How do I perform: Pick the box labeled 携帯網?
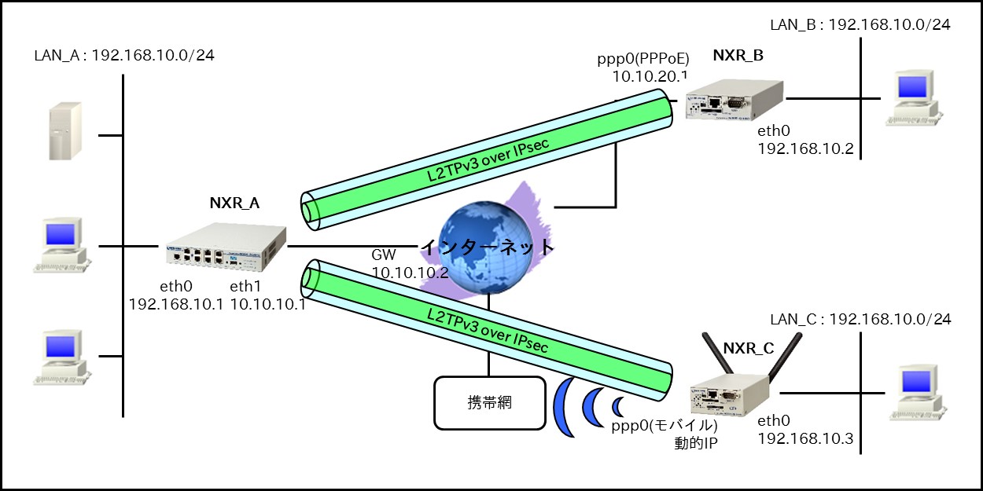[489, 403]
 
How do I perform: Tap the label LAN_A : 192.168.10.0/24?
[124, 56]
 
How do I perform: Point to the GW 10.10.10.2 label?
[410, 264]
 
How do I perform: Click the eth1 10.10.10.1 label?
[267, 294]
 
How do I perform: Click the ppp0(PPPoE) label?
[642, 58]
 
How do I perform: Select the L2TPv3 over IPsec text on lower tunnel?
[487, 331]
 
